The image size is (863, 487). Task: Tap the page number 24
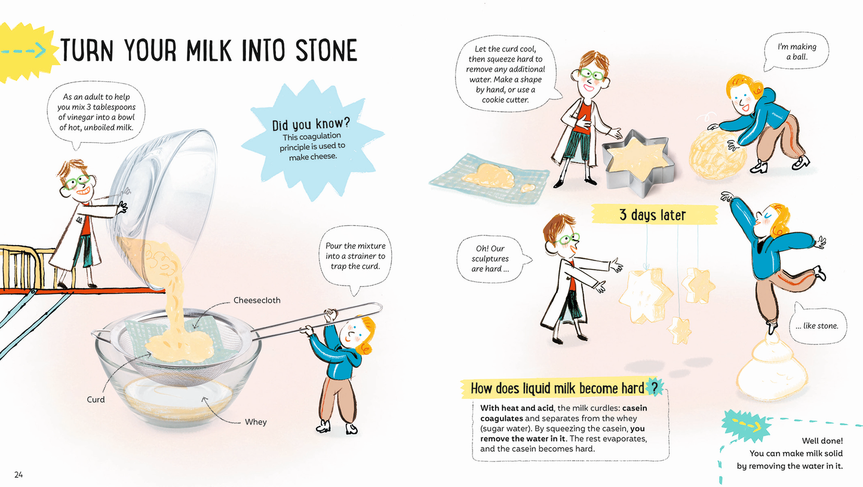click(19, 475)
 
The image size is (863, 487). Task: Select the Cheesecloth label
click(256, 300)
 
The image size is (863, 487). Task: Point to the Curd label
click(96, 399)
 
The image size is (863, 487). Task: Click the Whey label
click(256, 422)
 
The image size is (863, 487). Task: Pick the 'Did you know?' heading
click(311, 125)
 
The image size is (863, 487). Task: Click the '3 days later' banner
click(652, 215)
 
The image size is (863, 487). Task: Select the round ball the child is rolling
click(717, 155)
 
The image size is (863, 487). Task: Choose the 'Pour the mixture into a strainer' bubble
click(355, 256)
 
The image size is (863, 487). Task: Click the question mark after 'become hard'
click(655, 388)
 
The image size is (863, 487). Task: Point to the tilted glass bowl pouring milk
click(161, 197)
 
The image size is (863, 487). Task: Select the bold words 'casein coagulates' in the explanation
click(564, 413)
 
